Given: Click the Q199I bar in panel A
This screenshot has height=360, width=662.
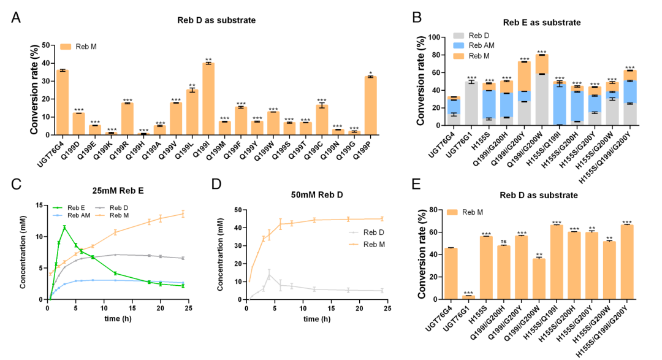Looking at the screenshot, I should (208, 98).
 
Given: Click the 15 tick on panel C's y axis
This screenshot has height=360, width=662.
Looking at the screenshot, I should (40, 205).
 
